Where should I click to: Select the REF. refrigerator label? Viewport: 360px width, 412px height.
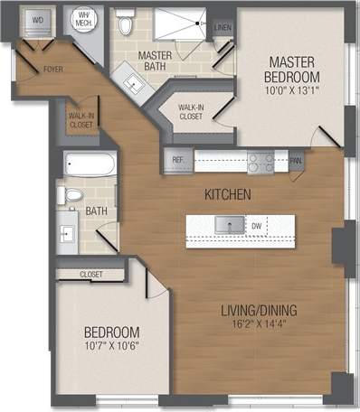point(177,161)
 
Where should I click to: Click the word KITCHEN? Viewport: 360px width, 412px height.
point(226,195)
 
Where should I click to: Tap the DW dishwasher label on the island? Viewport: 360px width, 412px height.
point(257,225)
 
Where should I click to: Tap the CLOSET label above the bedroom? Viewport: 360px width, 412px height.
point(90,273)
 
